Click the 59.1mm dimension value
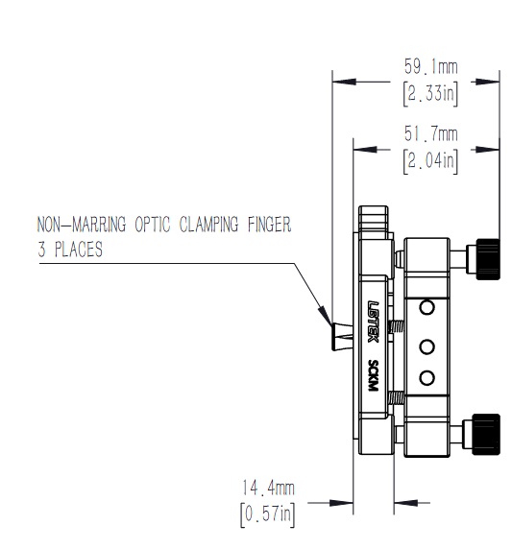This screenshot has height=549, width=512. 430,66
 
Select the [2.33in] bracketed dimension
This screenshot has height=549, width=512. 430,93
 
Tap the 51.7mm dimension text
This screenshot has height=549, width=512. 430,134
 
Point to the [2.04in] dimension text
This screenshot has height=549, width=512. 430,161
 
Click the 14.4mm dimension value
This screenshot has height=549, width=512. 268,488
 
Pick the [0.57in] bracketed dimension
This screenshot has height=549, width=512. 268,514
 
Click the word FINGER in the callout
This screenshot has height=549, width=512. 270,225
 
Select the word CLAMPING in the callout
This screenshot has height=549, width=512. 208,225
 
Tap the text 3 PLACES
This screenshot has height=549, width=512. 70,250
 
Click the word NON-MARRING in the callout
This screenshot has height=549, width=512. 82,225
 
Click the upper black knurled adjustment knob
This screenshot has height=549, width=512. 488,259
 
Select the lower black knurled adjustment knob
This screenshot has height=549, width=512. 486,434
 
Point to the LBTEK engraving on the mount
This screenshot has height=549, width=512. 373,322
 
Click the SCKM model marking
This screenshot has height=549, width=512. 373,375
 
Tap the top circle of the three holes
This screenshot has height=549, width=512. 427,308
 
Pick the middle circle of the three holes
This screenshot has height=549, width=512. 427,347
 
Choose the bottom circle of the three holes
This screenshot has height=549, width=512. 427,378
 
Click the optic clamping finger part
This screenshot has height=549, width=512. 342,337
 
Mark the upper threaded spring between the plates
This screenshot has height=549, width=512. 397,327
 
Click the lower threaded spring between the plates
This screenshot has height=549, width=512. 397,397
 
